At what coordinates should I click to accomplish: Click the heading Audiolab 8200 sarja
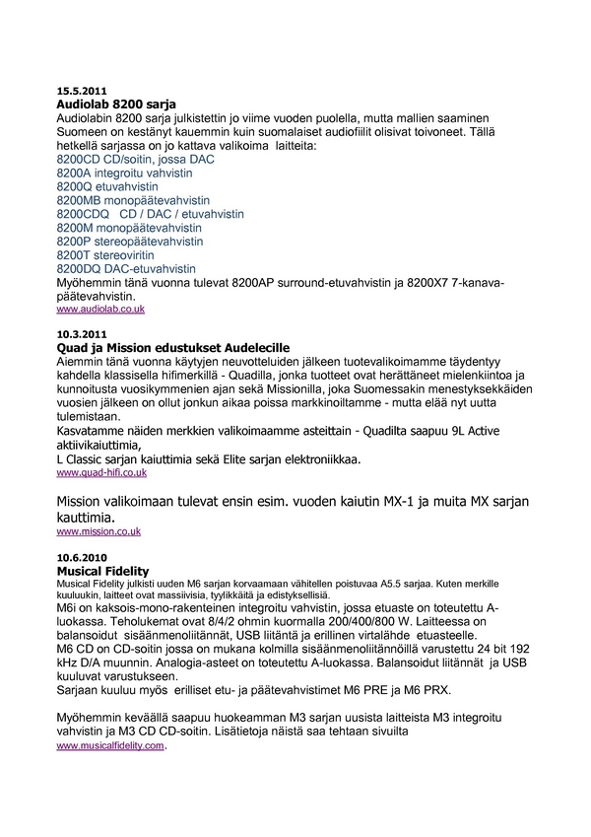tap(117, 104)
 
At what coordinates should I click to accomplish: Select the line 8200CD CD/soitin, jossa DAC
tap(134, 159)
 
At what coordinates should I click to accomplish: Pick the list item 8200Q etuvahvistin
tap(107, 186)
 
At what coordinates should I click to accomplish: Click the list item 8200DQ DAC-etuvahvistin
tap(126, 268)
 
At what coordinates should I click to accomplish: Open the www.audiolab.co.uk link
tap(100, 310)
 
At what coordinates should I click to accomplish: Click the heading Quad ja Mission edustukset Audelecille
tap(172, 349)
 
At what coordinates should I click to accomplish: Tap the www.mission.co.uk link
tap(98, 531)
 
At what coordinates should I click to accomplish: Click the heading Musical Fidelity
tap(102, 571)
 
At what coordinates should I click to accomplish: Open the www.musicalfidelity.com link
tap(109, 746)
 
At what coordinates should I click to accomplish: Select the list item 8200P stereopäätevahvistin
tap(130, 241)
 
